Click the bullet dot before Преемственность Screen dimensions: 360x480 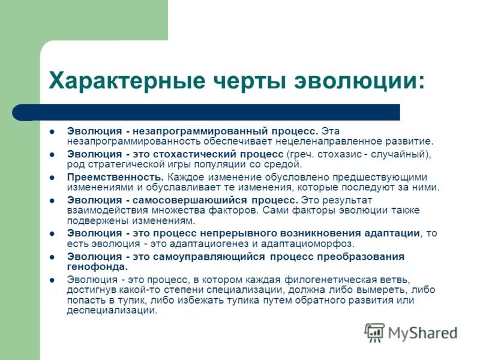[52, 178]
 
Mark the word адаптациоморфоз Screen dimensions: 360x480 [314, 244]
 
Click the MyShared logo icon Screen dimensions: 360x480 [375, 332]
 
